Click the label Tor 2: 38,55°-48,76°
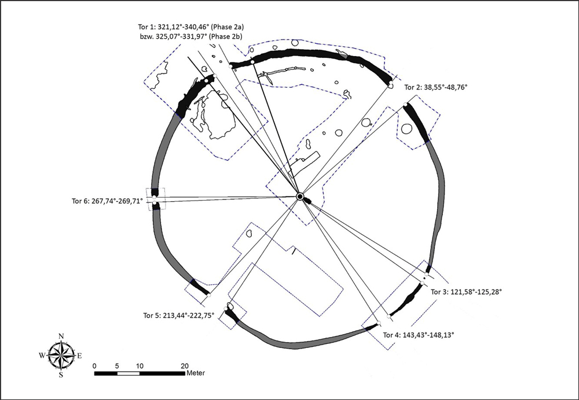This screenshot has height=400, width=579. pyautogui.click(x=434, y=87)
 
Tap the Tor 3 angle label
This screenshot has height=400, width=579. pyautogui.click(x=466, y=292)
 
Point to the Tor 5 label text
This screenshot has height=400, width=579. pyautogui.click(x=179, y=315)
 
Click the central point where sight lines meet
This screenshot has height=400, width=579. pyautogui.click(x=300, y=197)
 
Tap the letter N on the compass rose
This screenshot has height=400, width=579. pyautogui.click(x=61, y=336)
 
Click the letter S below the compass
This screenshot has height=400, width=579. pyautogui.click(x=61, y=375)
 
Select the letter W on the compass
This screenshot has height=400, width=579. pyautogui.click(x=42, y=355)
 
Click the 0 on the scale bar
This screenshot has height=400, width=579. pyautogui.click(x=94, y=366)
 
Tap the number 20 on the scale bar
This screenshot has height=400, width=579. pyautogui.click(x=185, y=366)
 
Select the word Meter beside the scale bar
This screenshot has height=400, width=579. pyautogui.click(x=196, y=373)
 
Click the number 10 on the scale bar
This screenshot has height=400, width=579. pyautogui.click(x=140, y=366)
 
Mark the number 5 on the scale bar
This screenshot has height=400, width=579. pyautogui.click(x=118, y=366)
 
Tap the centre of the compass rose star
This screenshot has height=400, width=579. pyautogui.click(x=61, y=355)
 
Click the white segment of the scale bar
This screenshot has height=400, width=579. pyautogui.click(x=129, y=373)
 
